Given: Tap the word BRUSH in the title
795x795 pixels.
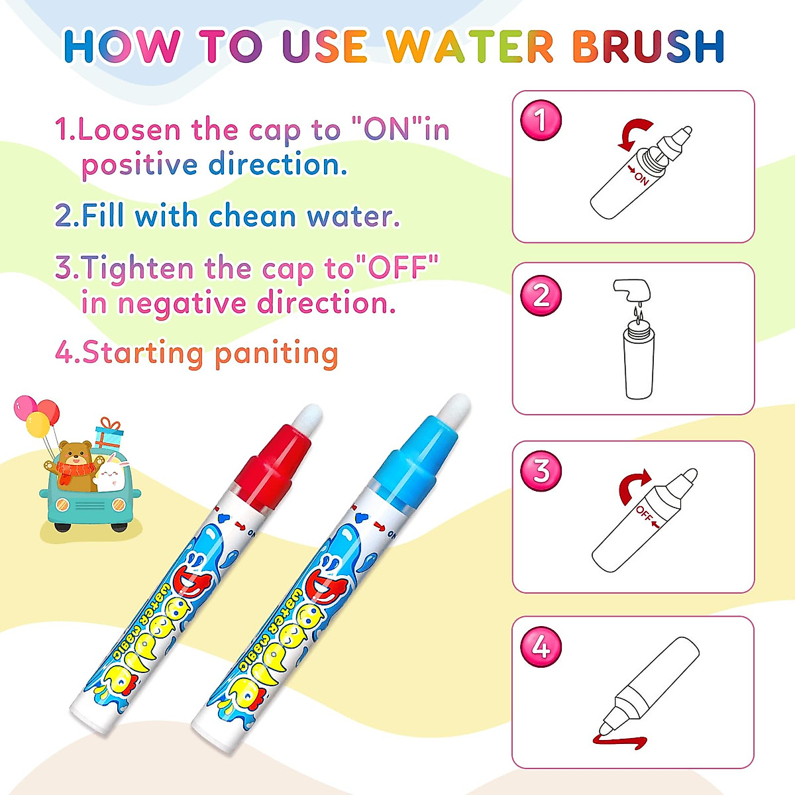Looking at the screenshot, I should click(x=648, y=46).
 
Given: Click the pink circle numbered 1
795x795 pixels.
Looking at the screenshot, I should click(x=541, y=121).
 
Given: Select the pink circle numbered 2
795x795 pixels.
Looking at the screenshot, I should click(x=541, y=295).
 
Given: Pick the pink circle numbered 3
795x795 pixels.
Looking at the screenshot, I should click(x=541, y=471).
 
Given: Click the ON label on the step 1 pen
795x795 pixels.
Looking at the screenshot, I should click(x=640, y=178).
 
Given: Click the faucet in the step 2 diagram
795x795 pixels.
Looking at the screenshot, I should click(x=631, y=290).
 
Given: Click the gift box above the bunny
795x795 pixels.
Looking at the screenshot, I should click(x=109, y=434).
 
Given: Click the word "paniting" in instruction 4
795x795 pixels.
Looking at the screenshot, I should click(x=276, y=352).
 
